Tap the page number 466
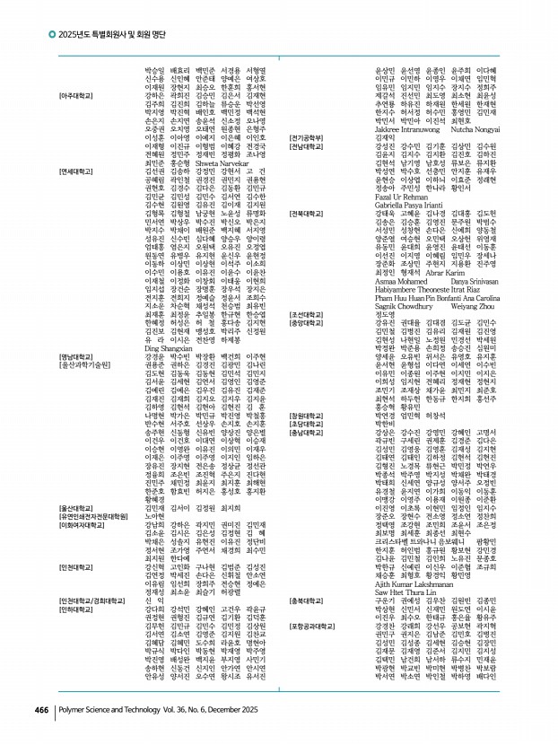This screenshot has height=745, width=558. (x=41, y=709)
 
